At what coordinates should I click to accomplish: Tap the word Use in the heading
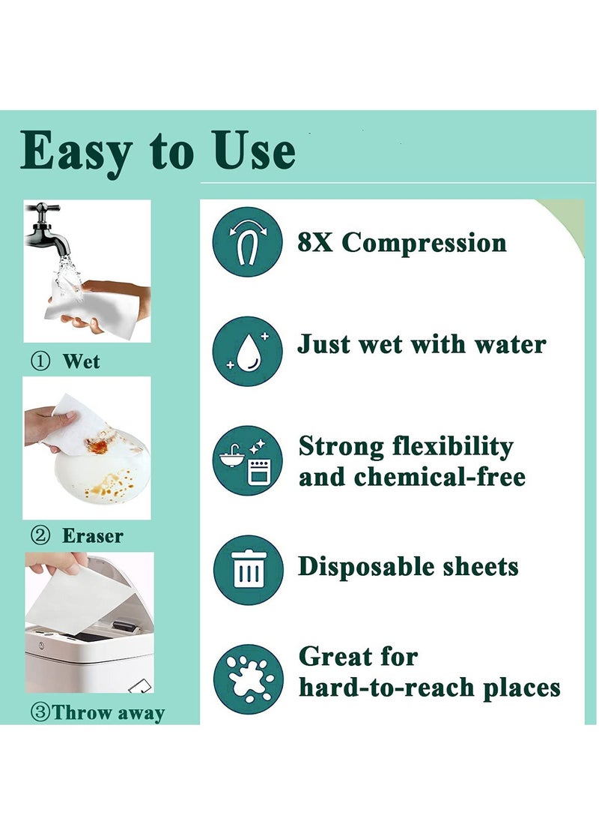tap(255, 151)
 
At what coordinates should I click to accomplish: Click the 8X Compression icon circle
tap(248, 241)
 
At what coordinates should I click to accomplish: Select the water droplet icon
tap(248, 351)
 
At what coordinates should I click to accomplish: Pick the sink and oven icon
tap(248, 460)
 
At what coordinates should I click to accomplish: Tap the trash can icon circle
tap(248, 570)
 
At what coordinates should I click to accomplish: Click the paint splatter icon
tap(248, 679)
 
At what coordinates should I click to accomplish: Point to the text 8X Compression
tap(401, 242)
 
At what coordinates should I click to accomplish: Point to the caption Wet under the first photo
tap(81, 362)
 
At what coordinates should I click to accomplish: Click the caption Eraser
tap(92, 536)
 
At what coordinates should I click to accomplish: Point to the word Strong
tap(341, 446)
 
